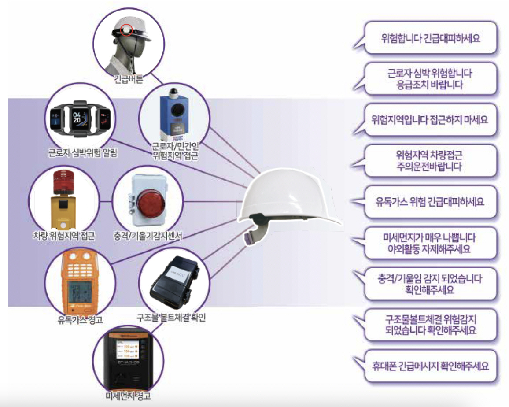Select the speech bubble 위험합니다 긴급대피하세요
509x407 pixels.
click(431, 38)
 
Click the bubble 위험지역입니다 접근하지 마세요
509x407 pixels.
click(431, 119)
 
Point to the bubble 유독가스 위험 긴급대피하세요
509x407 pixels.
click(431, 202)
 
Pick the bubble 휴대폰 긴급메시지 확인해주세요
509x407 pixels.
click(431, 366)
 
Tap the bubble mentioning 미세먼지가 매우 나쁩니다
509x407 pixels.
click(431, 243)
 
